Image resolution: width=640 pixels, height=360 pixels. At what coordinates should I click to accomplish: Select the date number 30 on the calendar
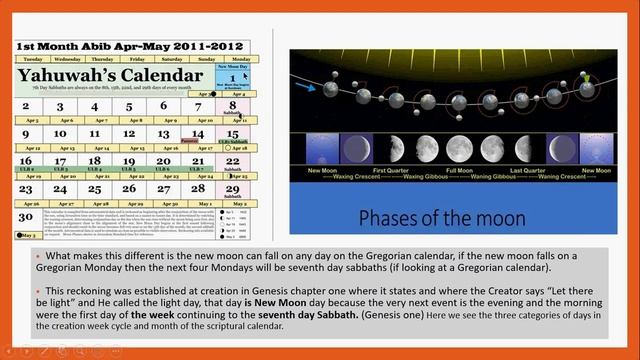click(25, 216)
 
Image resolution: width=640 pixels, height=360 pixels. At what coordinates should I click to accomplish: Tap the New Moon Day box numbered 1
click(232, 78)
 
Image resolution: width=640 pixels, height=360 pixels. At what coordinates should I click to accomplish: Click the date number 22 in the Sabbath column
click(232, 161)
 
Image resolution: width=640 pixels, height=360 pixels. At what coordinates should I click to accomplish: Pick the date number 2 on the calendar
click(26, 106)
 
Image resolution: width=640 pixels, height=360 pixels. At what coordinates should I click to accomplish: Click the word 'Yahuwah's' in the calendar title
click(71, 76)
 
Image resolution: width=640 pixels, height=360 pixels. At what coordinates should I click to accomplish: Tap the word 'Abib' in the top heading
click(107, 46)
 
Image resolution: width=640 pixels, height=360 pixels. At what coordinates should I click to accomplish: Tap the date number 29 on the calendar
click(232, 189)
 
